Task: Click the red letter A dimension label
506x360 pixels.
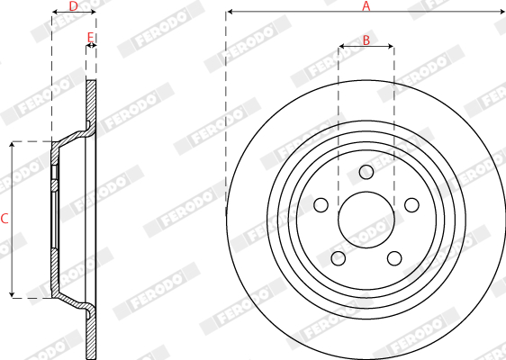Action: point(366,5)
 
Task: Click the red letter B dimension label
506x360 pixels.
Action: point(366,40)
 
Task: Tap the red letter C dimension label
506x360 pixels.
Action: point(5,219)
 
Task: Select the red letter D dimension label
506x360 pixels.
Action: point(74,5)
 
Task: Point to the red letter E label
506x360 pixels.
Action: point(91,38)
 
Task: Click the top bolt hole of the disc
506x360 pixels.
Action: point(366,172)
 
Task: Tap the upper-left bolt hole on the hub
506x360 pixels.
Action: point(321,205)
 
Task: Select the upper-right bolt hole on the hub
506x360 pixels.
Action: point(411,205)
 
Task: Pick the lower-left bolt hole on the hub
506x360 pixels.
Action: point(339,258)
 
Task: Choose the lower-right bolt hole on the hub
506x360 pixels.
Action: point(394,258)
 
